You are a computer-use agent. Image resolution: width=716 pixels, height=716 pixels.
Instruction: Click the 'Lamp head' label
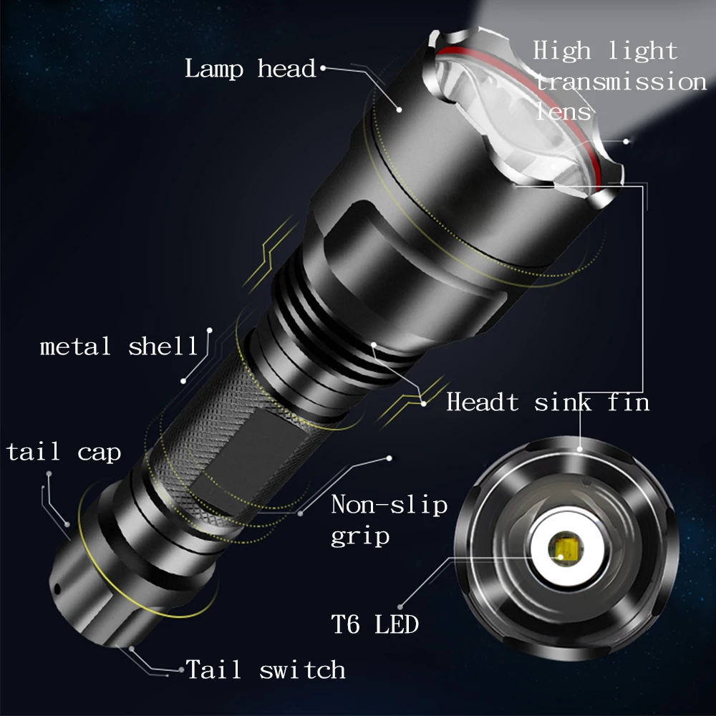pyautogui.click(x=250, y=69)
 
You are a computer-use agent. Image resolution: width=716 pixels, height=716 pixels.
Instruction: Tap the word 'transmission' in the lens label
pyautogui.click(x=621, y=82)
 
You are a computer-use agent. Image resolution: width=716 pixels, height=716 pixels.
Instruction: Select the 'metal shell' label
pyautogui.click(x=119, y=347)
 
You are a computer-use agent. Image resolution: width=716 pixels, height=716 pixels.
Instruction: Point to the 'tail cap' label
pyautogui.click(x=64, y=453)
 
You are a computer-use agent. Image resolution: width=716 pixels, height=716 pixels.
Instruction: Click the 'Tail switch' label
pyautogui.click(x=266, y=670)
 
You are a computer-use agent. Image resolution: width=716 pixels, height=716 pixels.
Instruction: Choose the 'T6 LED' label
pyautogui.click(x=374, y=624)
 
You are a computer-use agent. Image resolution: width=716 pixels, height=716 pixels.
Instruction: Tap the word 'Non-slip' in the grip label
pyautogui.click(x=389, y=505)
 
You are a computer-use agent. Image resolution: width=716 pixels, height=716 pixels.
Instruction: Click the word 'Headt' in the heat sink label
pyautogui.click(x=482, y=402)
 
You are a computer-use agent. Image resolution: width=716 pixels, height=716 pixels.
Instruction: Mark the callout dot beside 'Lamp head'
pyautogui.click(x=323, y=69)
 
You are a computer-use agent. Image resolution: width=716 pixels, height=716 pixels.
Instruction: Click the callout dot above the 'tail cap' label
pyautogui.click(x=49, y=474)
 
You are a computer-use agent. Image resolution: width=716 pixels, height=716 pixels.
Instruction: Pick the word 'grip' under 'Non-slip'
pyautogui.click(x=360, y=536)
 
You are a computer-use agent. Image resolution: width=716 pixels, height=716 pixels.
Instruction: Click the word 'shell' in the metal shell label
pyautogui.click(x=163, y=347)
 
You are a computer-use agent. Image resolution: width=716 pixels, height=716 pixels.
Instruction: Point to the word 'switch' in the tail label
pyautogui.click(x=302, y=670)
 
